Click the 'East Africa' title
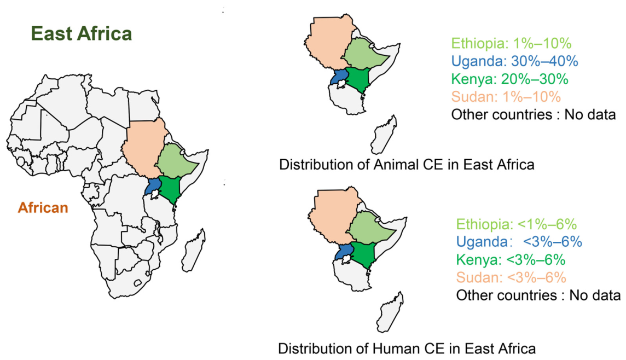coord(82,33)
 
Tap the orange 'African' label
coord(43,207)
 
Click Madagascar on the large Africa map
coord(193,250)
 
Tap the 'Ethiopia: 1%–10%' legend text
coord(512,43)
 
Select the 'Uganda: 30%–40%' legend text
coord(514,61)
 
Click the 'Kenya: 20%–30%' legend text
coord(510,79)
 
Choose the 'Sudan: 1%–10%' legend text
coord(506,97)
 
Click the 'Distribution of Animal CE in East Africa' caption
coord(407,165)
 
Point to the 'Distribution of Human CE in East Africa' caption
coord(407,349)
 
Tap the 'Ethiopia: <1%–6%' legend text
coord(517,224)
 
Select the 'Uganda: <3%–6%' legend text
coord(519,242)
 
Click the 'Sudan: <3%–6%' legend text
coord(511,277)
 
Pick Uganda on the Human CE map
coord(345,252)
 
